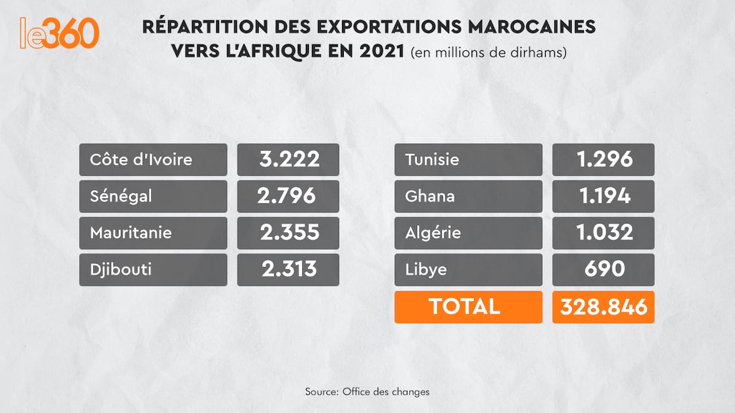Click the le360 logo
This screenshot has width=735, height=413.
(59, 33)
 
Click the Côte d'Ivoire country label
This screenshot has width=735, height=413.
(141, 160)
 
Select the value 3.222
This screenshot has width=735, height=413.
(288, 160)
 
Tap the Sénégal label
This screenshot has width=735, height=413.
(121, 196)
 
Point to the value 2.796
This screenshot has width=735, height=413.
(288, 196)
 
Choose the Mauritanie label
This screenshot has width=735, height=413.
(131, 233)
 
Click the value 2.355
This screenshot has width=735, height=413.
(288, 233)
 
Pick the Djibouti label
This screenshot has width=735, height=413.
(120, 269)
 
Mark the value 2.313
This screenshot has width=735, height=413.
(288, 269)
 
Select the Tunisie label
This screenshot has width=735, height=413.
(432, 160)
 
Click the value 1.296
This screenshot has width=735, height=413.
(603, 160)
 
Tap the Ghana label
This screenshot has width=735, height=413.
(430, 196)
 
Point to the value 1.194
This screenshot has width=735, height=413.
(603, 196)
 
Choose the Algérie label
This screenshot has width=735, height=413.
(433, 233)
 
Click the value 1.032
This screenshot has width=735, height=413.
(603, 233)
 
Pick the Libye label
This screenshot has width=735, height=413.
(426, 269)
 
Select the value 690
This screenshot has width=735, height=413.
(603, 269)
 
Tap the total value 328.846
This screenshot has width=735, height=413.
(603, 307)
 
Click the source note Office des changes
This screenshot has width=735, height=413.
(367, 392)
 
